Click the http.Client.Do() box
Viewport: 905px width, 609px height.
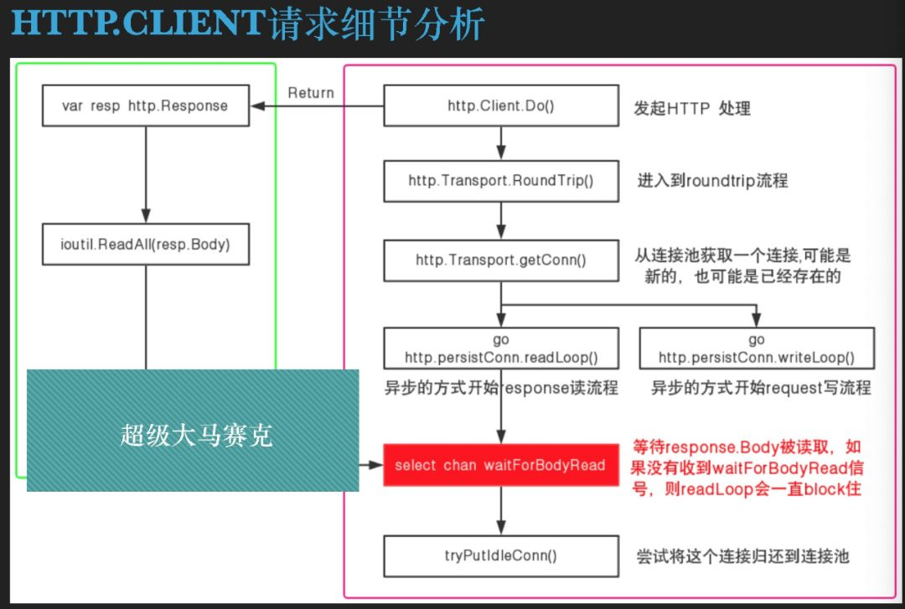tap(501, 106)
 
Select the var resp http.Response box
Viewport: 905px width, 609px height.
tap(145, 106)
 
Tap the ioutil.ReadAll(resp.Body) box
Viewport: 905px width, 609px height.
tap(145, 244)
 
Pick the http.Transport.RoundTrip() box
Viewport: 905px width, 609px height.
tap(501, 180)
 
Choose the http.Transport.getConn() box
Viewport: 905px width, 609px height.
tap(501, 260)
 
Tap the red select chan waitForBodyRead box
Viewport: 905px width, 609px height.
tap(500, 465)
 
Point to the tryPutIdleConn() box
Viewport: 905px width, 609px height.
tap(501, 555)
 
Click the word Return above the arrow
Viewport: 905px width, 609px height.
tap(311, 93)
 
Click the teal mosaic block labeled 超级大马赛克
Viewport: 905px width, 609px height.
tap(193, 430)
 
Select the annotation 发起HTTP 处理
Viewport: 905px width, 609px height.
tap(691, 108)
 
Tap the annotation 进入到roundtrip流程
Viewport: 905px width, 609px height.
tap(712, 180)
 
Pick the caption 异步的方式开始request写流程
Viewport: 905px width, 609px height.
tap(761, 388)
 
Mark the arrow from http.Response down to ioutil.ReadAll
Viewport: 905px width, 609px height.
tap(145, 174)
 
